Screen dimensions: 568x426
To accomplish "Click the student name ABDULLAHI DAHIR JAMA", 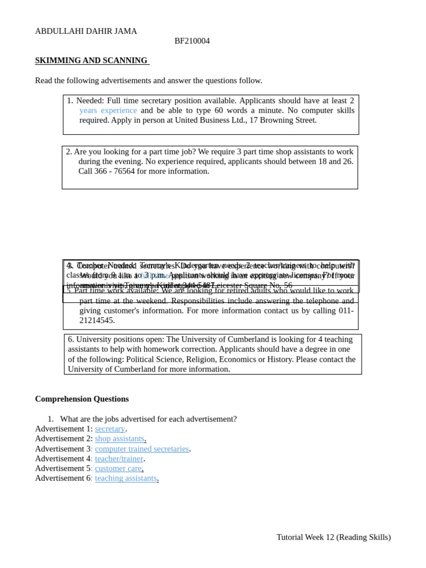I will (86, 31).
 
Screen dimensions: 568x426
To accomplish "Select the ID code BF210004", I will (192, 41).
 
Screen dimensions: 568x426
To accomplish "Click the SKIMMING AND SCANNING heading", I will (92, 60).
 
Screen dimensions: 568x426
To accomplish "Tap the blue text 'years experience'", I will (108, 110).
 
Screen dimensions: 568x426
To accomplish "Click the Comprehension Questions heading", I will (82, 399).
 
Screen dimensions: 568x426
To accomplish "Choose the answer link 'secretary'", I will (110, 429).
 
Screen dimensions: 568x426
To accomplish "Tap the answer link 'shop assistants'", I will (119, 439).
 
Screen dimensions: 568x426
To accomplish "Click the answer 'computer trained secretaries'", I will (142, 449).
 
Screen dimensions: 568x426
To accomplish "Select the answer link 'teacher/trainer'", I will (119, 459).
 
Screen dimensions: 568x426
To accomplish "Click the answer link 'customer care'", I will (118, 468).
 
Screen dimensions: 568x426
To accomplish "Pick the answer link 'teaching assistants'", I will (126, 478).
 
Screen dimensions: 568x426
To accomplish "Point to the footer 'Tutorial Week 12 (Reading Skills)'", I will (333, 537).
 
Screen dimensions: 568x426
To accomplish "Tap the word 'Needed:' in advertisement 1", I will (90, 100).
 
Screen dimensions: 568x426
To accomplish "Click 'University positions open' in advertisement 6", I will (119, 339).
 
